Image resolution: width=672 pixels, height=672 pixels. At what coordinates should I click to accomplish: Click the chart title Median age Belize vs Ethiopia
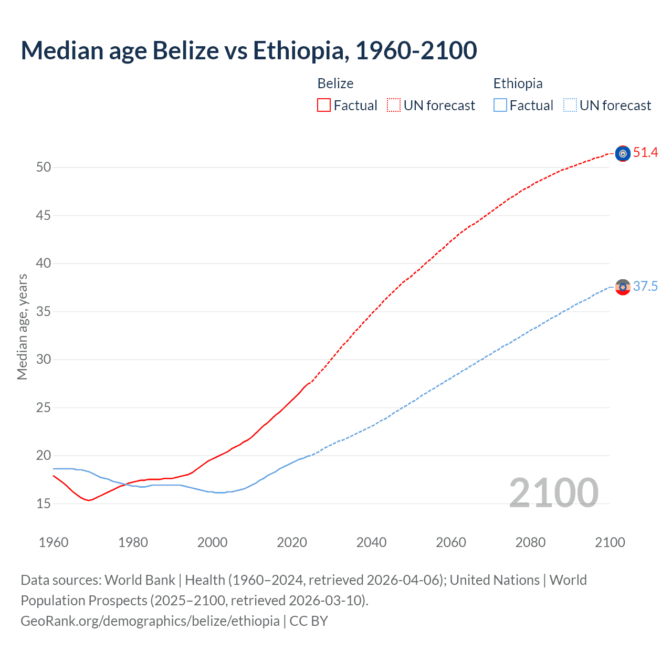249,50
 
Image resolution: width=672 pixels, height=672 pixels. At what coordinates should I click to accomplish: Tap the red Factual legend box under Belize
324,105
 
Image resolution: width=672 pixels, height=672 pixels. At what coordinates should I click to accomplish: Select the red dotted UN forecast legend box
394,105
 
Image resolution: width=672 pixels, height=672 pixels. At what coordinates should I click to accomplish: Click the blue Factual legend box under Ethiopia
500,105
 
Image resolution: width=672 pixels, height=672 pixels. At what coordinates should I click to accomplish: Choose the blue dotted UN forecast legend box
570,105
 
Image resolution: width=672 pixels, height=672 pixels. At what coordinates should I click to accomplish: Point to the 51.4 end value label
645,153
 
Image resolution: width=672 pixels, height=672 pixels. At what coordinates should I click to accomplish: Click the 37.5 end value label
645,287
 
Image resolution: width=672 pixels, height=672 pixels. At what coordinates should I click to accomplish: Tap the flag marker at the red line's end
623,153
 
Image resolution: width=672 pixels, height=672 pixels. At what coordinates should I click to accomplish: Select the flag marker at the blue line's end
623,287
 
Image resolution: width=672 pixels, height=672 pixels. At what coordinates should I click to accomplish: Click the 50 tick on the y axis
44,167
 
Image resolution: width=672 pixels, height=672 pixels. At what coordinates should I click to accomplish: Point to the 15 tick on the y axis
44,504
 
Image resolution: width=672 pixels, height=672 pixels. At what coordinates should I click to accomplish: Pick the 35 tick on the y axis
44,312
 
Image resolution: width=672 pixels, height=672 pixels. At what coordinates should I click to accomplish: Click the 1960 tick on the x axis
54,542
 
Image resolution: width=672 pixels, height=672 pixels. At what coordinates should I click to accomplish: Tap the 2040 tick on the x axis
371,542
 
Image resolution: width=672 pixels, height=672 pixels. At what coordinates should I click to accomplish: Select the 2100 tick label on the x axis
610,542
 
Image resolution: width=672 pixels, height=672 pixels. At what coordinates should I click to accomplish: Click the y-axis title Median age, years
22,327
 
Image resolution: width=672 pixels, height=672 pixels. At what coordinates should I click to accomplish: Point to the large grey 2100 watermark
553,492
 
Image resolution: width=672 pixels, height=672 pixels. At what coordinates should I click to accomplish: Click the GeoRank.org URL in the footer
150,621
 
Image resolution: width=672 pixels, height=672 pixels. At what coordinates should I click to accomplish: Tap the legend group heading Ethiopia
518,83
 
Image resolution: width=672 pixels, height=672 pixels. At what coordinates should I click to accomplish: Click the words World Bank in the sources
140,580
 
